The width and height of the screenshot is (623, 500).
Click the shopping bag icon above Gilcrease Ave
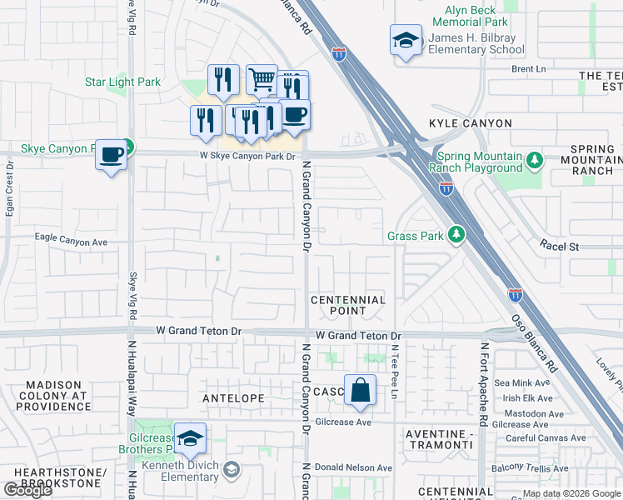(360, 390)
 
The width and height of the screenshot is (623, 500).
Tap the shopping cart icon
(262, 80)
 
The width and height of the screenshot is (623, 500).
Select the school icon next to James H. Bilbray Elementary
(406, 40)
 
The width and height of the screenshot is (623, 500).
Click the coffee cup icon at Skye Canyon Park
(111, 154)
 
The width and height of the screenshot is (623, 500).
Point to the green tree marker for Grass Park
(456, 236)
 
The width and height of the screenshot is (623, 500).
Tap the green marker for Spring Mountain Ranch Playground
(535, 158)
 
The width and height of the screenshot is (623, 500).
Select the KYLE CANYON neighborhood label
(471, 123)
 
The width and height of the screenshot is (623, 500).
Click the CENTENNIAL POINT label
(348, 305)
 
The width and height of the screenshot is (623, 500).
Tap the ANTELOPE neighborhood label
(233, 398)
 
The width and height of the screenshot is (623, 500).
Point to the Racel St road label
(559, 247)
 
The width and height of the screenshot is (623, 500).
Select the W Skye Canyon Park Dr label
(235, 156)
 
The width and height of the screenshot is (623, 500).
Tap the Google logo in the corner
(28, 490)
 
